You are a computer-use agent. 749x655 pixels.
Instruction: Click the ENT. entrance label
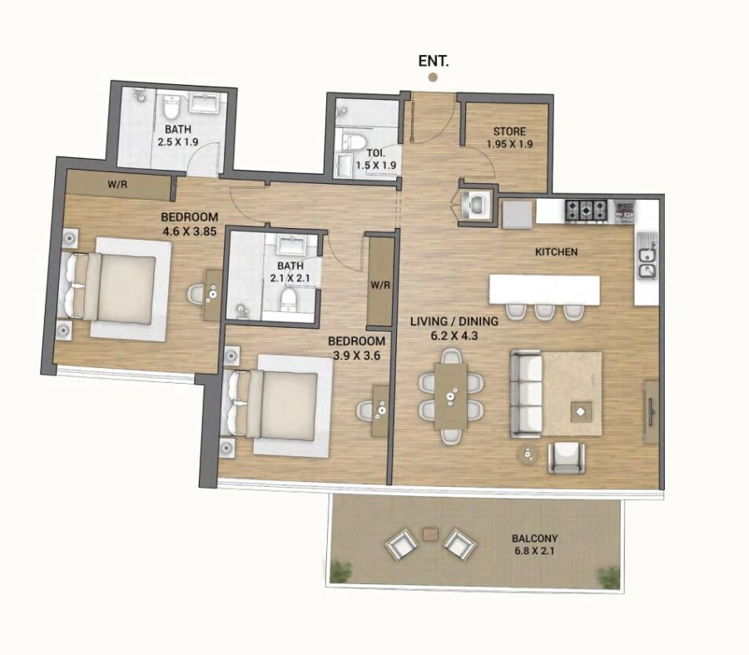[433, 61]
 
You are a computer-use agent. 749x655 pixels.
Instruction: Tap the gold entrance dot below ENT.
[433, 77]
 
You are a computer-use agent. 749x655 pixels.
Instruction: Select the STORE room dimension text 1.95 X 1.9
[509, 143]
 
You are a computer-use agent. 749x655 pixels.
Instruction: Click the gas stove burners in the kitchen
[588, 211]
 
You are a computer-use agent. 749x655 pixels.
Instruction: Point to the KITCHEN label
[556, 251]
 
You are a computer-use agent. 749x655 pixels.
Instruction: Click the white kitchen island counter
[544, 290]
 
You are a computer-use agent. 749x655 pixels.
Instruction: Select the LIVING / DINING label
[454, 321]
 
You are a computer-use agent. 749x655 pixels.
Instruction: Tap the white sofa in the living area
[527, 394]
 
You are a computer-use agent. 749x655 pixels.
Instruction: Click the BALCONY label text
[534, 538]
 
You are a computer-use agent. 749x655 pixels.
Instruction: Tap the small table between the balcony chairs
[430, 533]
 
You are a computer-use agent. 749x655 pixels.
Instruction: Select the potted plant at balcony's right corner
[609, 577]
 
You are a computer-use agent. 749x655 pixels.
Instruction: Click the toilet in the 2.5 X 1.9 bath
[171, 107]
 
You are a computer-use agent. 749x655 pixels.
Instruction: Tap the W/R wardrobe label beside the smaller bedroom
[380, 285]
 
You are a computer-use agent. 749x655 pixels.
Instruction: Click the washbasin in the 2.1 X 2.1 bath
[290, 246]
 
